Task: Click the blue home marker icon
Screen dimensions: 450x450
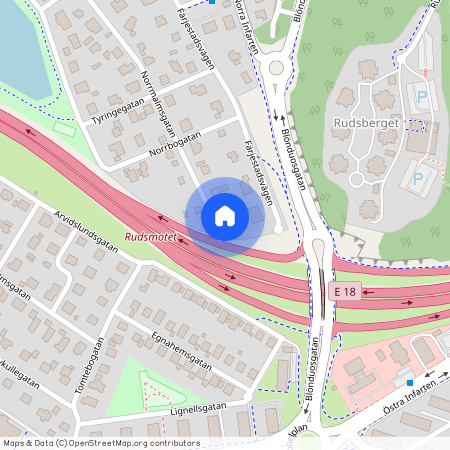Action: pyautogui.click(x=225, y=215)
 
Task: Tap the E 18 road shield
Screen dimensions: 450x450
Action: pyautogui.click(x=345, y=291)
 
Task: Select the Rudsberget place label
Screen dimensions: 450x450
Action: pyautogui.click(x=364, y=124)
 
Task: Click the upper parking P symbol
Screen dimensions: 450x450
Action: pyautogui.click(x=421, y=97)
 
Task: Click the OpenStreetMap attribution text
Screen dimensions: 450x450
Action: pyautogui.click(x=100, y=442)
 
